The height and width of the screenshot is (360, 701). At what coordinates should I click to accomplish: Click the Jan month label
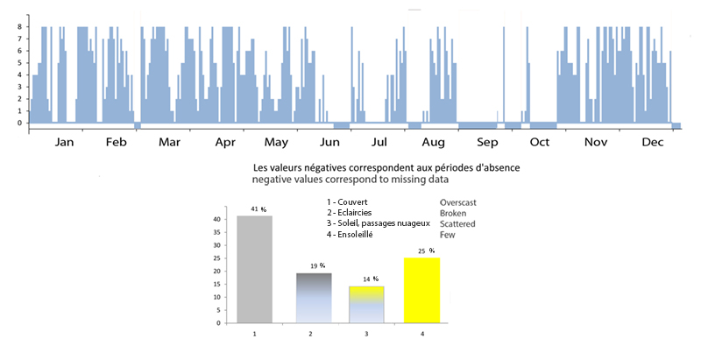(64, 142)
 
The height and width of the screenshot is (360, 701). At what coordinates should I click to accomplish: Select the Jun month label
(329, 142)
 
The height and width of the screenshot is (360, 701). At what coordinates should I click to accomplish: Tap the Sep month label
(487, 142)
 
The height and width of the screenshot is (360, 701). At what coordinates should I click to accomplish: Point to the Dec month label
(652, 142)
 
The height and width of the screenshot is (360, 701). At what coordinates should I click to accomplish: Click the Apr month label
(225, 142)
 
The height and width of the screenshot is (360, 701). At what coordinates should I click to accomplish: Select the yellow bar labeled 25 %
(421, 290)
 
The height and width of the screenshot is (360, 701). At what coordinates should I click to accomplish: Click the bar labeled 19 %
(310, 298)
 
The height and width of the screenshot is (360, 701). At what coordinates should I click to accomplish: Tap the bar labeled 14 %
(365, 304)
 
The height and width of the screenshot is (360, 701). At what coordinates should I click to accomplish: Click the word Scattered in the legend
(458, 223)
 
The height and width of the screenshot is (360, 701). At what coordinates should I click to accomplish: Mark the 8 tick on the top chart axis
(20, 26)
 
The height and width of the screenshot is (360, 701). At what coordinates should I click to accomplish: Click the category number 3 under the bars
(365, 333)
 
